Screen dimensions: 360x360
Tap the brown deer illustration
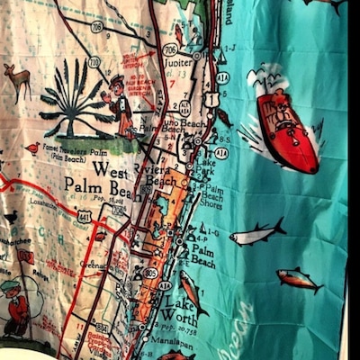click(x=18, y=79)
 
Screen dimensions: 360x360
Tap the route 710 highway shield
click(x=94, y=62)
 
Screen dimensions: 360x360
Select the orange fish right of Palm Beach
click(x=300, y=278)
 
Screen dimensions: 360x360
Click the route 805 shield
click(x=151, y=273)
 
